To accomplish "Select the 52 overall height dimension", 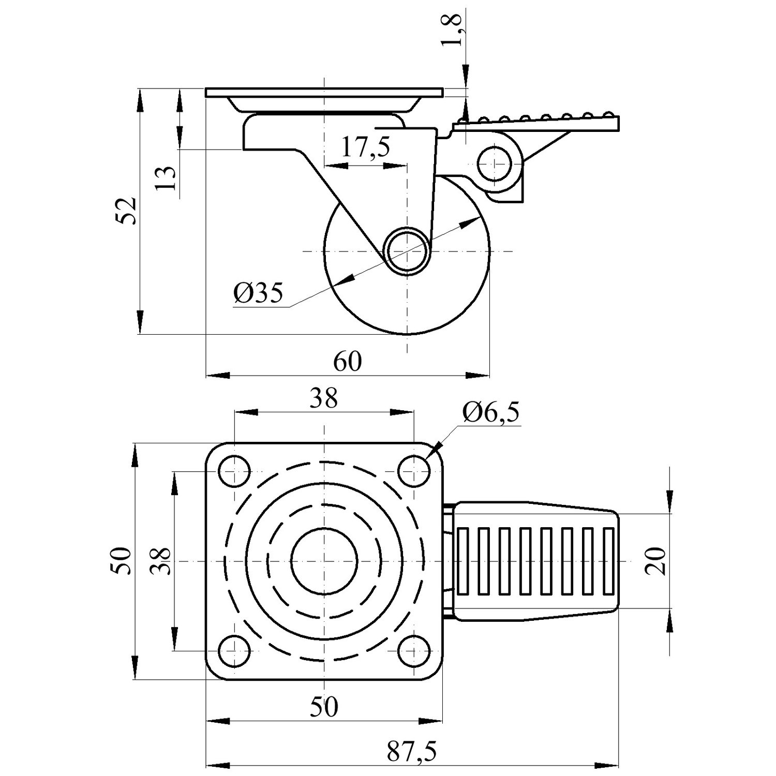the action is click(126, 210).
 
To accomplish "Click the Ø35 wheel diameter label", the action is click(259, 293).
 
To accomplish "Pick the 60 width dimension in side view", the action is click(347, 361).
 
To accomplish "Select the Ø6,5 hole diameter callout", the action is click(491, 413).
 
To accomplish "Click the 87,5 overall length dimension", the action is click(412, 752).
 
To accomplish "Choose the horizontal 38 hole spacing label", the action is click(324, 398).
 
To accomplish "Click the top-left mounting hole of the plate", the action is click(234, 471).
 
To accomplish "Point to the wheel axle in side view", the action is click(407, 251).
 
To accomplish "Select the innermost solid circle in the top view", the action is click(324, 561).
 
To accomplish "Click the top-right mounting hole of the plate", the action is click(414, 471).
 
